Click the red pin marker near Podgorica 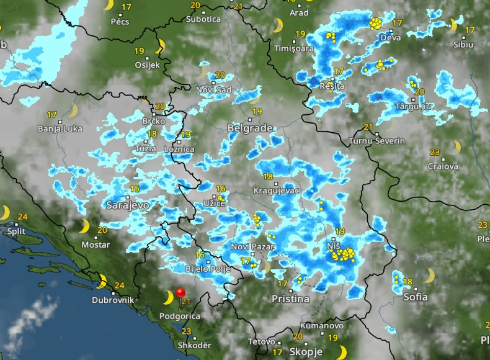[180, 292]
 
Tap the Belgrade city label [250, 128]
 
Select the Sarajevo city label [128, 205]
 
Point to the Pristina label [290, 299]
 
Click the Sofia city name [415, 297]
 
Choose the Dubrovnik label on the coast [113, 300]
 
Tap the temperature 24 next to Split [23, 217]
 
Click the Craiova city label [443, 166]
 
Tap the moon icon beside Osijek [161, 45]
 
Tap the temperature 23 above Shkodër [186, 331]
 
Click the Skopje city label [306, 352]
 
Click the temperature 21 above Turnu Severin [368, 127]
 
